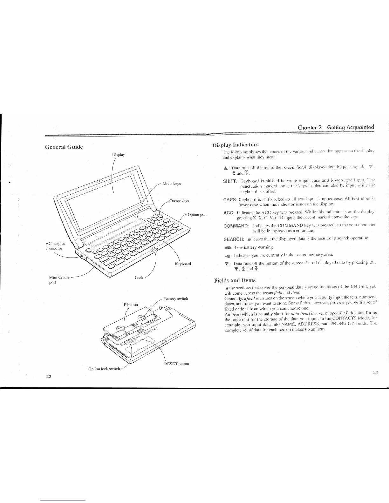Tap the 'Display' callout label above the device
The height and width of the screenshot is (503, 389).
tap(119, 155)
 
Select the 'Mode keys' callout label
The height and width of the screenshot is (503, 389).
tap(171, 184)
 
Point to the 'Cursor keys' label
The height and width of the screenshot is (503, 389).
tap(179, 201)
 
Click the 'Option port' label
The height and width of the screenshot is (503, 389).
tap(197, 214)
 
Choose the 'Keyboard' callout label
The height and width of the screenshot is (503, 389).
tap(183, 264)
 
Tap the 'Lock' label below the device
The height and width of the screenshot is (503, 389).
tap(139, 278)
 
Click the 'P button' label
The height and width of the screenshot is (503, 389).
tap(131, 305)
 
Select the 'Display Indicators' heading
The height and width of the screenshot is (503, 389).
tap(235, 145)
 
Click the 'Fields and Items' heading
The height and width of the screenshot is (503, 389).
tap(235, 280)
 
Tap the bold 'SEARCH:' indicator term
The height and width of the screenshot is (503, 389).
tap(233, 238)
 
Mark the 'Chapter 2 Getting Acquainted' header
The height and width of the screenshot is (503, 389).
tap(336, 127)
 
